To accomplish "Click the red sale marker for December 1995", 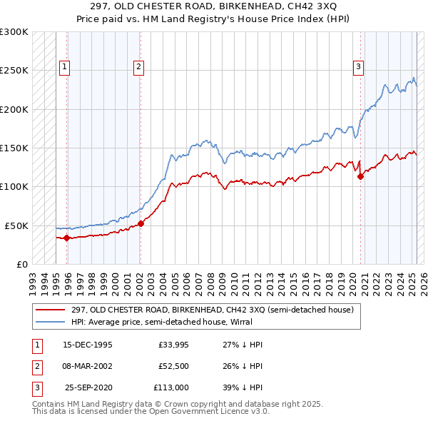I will (x=66, y=238).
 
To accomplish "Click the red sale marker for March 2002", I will (x=141, y=223).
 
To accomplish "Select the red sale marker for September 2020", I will (x=360, y=177).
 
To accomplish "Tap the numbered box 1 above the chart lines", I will (x=64, y=68).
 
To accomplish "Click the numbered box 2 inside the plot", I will (x=138, y=68).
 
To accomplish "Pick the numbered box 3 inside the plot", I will (x=358, y=68).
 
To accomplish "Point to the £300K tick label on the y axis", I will (x=14, y=33).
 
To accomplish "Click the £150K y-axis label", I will (x=14, y=148).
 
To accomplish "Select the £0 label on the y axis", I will (x=21, y=264).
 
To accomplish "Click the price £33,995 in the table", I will (x=173, y=345).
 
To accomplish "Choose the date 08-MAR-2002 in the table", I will (x=88, y=367).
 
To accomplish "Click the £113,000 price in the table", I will (x=170, y=389).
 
